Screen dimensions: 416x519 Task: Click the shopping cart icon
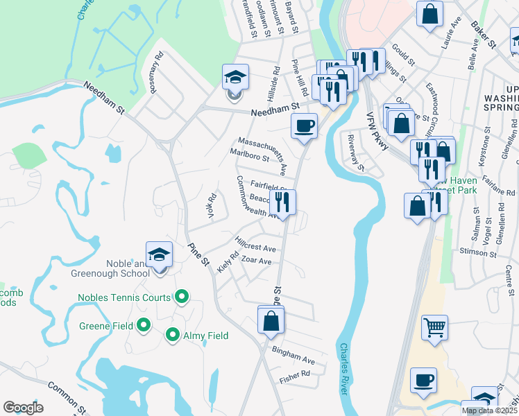434,327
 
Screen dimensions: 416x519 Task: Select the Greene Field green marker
144,324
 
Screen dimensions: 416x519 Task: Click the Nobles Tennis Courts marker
182,297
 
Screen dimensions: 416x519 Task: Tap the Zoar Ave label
256,260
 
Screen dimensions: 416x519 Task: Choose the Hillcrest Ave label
255,244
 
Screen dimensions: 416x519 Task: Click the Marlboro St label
249,154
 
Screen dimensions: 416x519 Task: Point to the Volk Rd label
212,206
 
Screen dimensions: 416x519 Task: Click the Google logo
23,407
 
